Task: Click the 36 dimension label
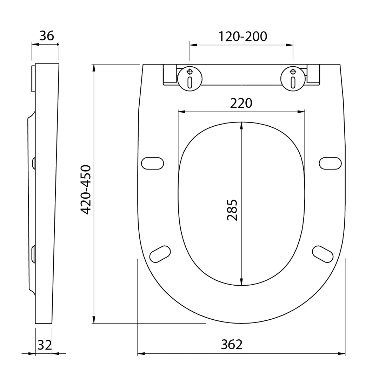47,36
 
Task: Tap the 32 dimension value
45,345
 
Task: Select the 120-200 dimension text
243,36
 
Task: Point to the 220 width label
241,103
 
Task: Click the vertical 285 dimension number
232,210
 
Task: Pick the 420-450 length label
86,190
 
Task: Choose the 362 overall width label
232,345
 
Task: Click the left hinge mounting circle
190,79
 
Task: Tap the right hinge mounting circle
293,79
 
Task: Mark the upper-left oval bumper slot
153,164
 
